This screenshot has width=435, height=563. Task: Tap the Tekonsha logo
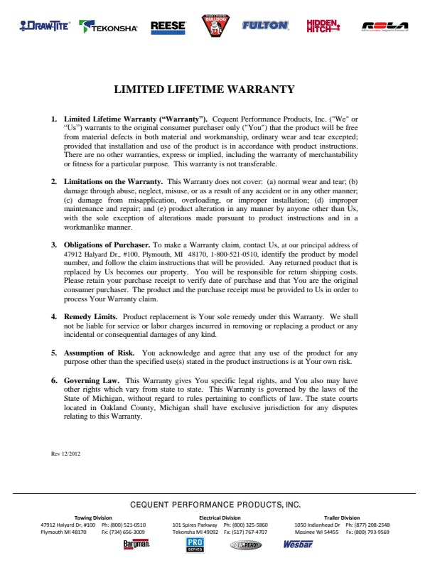(109, 27)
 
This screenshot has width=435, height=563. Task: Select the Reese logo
(168, 27)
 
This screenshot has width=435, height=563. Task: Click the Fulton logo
(265, 26)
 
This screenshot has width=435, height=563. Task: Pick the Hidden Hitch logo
(323, 26)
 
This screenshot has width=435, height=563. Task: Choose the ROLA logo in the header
(385, 26)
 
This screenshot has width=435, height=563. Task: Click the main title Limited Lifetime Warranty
(204, 90)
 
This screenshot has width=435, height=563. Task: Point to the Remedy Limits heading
(91, 316)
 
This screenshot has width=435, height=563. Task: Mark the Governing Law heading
(91, 380)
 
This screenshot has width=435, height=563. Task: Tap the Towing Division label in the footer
(93, 518)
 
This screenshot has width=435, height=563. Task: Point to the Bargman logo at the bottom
(136, 545)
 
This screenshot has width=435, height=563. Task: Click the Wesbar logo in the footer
(297, 545)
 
